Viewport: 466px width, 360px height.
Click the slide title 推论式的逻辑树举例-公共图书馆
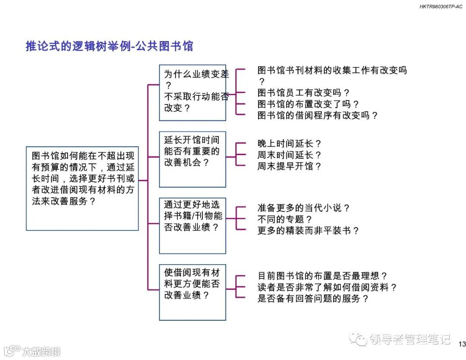click(x=109, y=46)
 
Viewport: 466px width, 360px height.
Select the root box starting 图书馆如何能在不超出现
click(x=82, y=188)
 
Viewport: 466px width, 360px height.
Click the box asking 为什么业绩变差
click(x=192, y=92)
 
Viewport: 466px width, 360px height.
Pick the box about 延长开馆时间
click(x=192, y=159)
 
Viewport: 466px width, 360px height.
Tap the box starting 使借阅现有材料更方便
click(x=192, y=292)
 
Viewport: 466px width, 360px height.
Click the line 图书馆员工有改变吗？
click(x=303, y=93)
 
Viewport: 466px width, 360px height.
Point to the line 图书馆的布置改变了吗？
click(x=308, y=104)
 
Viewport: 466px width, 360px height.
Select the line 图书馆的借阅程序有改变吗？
click(x=318, y=115)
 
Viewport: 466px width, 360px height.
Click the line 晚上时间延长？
click(x=289, y=144)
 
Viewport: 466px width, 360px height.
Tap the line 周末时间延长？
click(x=289, y=155)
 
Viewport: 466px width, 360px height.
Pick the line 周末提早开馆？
click(x=289, y=166)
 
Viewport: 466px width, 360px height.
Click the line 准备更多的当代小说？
click(x=303, y=208)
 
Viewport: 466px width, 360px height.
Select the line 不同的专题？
click(x=285, y=219)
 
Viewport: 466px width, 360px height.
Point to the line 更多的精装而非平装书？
click(x=308, y=231)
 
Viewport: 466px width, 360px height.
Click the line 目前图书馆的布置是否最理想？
click(x=322, y=276)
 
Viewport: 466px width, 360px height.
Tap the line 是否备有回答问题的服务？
click(x=313, y=298)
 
